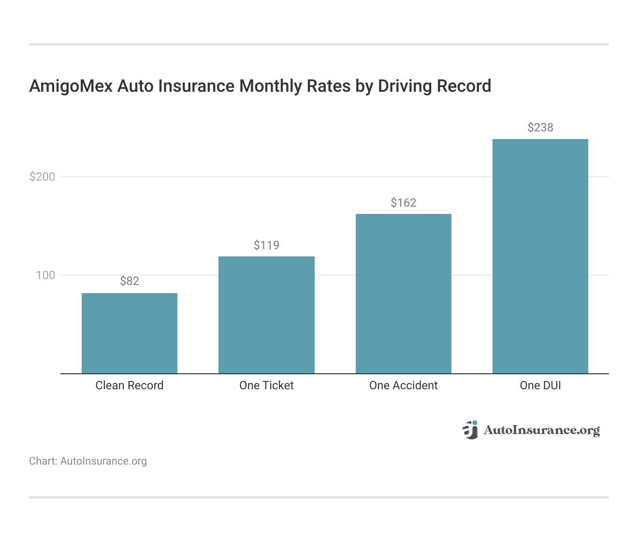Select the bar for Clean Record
[130, 333]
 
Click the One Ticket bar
[266, 315]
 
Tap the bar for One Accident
[404, 294]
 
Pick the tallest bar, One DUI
[540, 256]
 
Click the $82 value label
[130, 281]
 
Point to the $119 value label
[266, 245]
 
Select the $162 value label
[404, 203]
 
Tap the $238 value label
[540, 127]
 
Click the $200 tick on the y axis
[43, 177]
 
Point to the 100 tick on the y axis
[45, 275]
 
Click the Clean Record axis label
[130, 385]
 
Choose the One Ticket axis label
[266, 385]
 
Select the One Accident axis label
[404, 385]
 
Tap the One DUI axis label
[540, 385]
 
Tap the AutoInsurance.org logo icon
[470, 430]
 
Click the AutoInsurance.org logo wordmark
[541, 430]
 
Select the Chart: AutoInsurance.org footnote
[88, 461]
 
